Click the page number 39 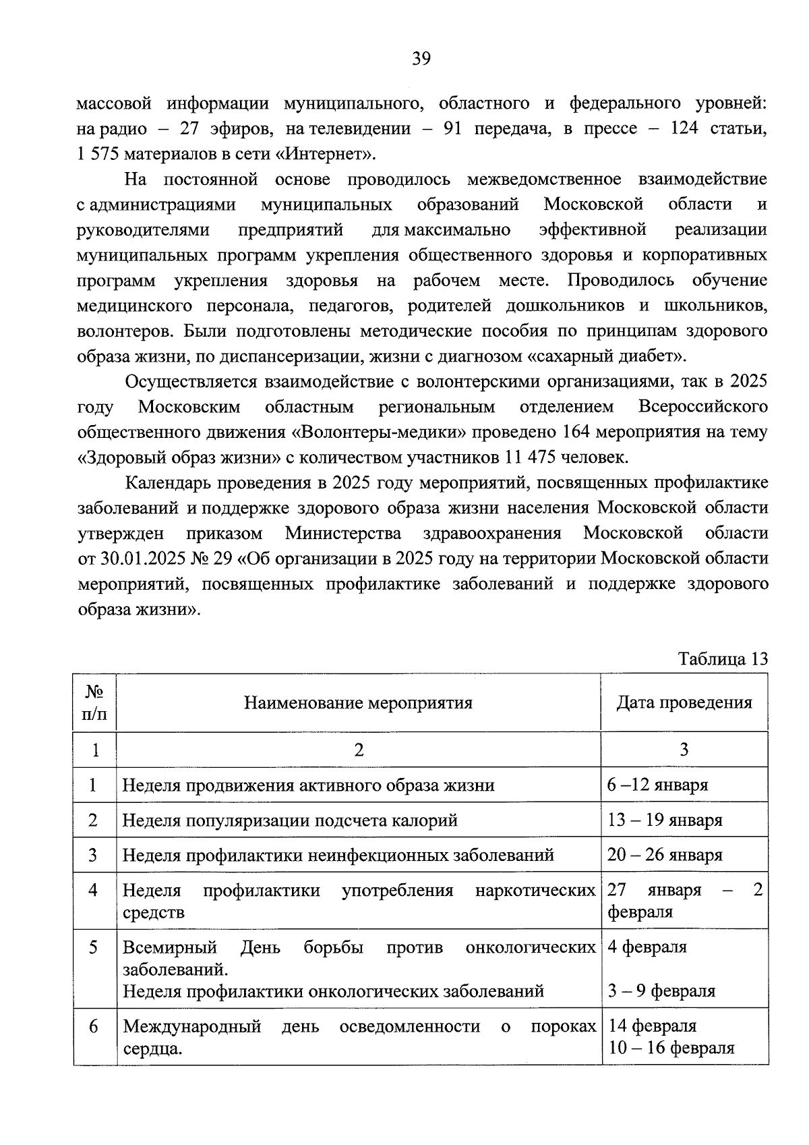click(x=421, y=59)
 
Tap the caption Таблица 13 click(x=723, y=659)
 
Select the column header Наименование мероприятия click(x=358, y=702)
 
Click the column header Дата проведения click(x=684, y=702)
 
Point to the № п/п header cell click(x=94, y=702)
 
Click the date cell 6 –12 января click(x=657, y=785)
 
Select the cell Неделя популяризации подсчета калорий click(x=290, y=820)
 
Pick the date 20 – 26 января click(x=665, y=855)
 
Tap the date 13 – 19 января click(x=665, y=820)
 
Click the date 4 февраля click(x=647, y=947)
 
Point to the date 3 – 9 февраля click(x=661, y=991)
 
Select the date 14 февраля click(x=652, y=1026)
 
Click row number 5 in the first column click(x=94, y=947)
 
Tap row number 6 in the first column click(x=94, y=1026)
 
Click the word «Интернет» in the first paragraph click(x=324, y=154)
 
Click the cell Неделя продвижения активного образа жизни click(x=308, y=785)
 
